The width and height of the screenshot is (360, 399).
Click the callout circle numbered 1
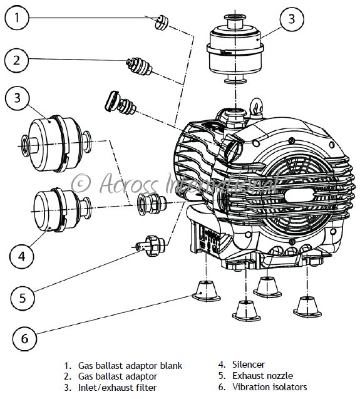[17, 18]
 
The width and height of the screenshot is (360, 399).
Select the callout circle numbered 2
[16, 61]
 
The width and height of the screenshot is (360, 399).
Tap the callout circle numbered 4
[22, 256]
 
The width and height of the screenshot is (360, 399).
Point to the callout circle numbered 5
[23, 298]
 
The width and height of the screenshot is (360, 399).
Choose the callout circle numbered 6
[24, 339]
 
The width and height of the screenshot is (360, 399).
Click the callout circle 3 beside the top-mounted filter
[292, 19]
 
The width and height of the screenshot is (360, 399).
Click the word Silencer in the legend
[249, 365]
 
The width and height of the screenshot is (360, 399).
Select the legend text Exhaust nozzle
[262, 376]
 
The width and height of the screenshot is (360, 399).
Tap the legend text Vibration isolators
[270, 387]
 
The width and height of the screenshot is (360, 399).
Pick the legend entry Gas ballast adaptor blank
[130, 365]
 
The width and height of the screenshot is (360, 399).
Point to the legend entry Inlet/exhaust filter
[117, 388]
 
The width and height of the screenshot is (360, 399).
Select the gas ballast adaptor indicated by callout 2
[139, 66]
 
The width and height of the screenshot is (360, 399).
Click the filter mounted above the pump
[235, 48]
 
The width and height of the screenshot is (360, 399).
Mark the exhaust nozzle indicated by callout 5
[149, 246]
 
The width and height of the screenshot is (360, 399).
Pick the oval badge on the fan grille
[299, 196]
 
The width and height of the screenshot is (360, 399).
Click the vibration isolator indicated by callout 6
[206, 291]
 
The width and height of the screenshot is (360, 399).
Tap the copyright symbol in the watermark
[80, 184]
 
